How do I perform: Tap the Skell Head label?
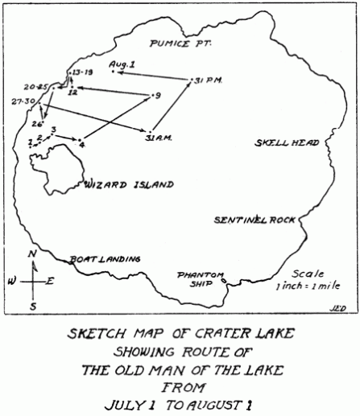click(288, 144)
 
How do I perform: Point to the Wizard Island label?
click(129, 184)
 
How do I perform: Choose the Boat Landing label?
click(106, 259)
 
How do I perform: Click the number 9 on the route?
click(158, 96)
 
